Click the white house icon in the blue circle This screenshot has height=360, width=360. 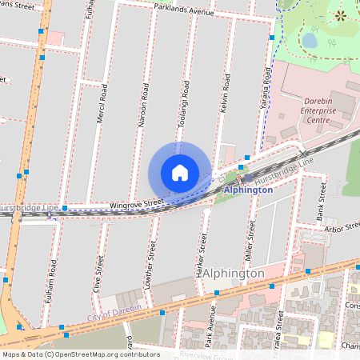pyautogui.click(x=180, y=173)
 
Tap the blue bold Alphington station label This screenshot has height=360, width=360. pyautogui.click(x=248, y=190)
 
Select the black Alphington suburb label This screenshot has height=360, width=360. pyautogui.click(x=234, y=274)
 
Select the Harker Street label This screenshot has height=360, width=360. pyautogui.click(x=202, y=255)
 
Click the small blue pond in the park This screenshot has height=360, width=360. pyautogui.click(x=310, y=39)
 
